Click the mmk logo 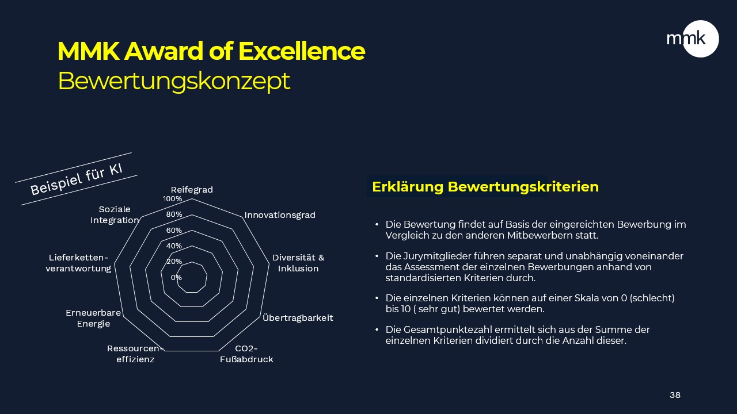pos(693,39)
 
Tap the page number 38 pos(675,395)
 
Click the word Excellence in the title pos(301,51)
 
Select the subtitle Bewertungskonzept pos(174,81)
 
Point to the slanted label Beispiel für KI pos(77,179)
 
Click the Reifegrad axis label pos(192,190)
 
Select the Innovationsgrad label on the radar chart pos(280,215)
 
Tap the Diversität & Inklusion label pos(298,263)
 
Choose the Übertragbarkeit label pos(298,318)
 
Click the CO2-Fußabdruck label pos(246,354)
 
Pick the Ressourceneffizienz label pos(135,354)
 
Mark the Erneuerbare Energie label pos(93,318)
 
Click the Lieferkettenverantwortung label pos(78,263)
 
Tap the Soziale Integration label pos(115,214)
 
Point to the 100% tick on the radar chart pos(172,199)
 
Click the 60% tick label pos(174,231)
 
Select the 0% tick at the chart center pos(176,277)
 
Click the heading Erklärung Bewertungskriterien pos(485,187)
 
